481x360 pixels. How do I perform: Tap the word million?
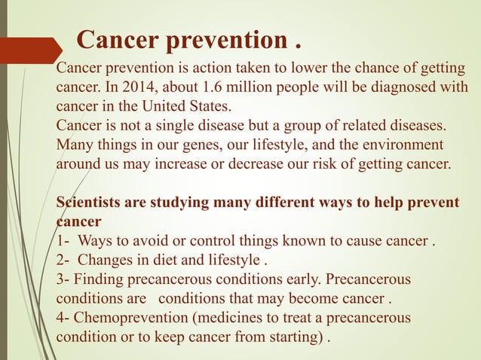(250, 87)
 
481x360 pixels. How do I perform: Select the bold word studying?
(181, 203)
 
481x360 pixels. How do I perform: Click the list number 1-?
(64, 242)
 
